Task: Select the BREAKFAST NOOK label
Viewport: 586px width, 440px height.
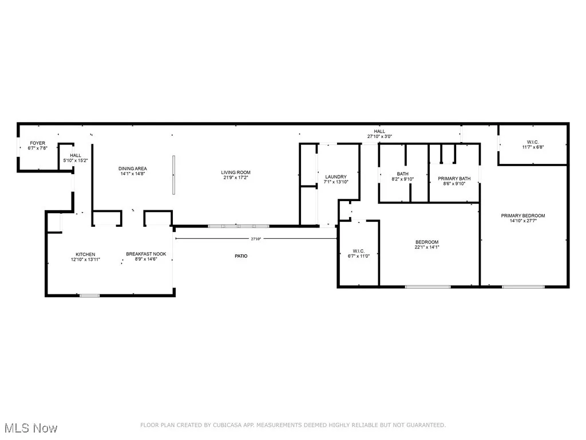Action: [x=146, y=254]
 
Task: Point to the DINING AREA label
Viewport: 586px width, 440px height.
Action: [x=133, y=168]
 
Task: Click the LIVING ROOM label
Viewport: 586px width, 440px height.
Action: [x=236, y=172]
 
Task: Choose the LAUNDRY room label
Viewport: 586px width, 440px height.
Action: [x=336, y=177]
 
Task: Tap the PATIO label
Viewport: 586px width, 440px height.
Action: [x=241, y=256]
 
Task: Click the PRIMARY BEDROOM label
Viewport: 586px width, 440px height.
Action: [x=523, y=216]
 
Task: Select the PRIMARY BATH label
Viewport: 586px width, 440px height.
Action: [x=454, y=179]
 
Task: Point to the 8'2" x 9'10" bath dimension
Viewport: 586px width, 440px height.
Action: [x=402, y=179]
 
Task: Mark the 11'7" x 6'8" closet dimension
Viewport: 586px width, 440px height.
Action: [x=533, y=147]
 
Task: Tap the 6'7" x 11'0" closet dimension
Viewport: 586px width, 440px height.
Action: [x=359, y=256]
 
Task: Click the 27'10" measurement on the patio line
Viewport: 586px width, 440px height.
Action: [x=257, y=239]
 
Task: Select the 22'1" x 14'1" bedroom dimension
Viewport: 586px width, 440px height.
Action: [x=427, y=247]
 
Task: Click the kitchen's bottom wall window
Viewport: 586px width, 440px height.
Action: [x=89, y=296]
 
